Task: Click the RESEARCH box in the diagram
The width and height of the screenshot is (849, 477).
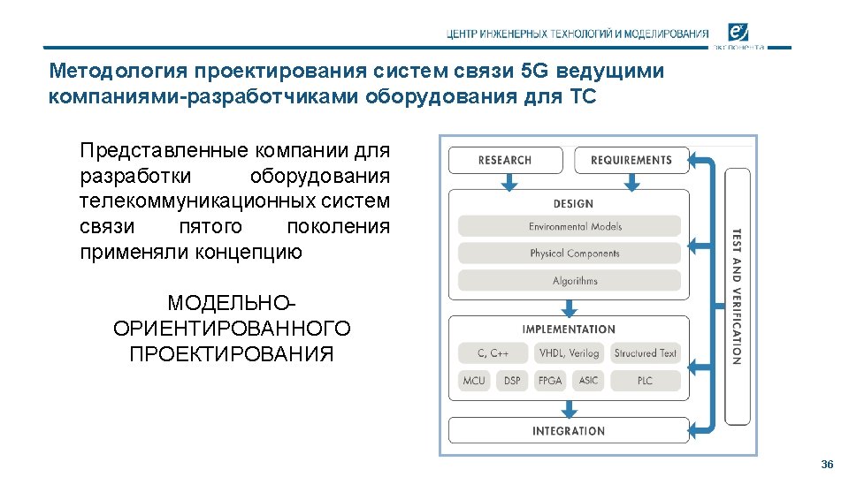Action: pyautogui.click(x=505, y=160)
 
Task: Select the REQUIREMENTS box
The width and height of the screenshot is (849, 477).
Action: pyautogui.click(x=631, y=160)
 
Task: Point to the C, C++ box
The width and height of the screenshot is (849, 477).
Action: pyautogui.click(x=493, y=353)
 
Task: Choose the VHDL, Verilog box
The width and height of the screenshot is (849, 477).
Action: pyautogui.click(x=569, y=353)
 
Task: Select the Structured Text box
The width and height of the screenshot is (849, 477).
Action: pyautogui.click(x=646, y=353)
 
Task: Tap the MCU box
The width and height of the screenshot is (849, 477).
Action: pyautogui.click(x=474, y=381)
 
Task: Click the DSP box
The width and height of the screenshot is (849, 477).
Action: pyautogui.click(x=512, y=381)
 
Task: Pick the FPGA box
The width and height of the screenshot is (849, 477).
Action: pyautogui.click(x=550, y=381)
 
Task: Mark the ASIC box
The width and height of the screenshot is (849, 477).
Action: pyautogui.click(x=588, y=381)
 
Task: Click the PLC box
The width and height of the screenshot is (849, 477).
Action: pyautogui.click(x=646, y=381)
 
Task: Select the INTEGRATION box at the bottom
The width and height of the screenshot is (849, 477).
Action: pyautogui.click(x=569, y=431)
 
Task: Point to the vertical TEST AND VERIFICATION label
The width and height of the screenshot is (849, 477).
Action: pyautogui.click(x=737, y=297)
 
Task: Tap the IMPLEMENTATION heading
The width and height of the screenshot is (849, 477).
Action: pyautogui.click(x=569, y=329)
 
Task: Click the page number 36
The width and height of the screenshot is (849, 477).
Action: pyautogui.click(x=827, y=465)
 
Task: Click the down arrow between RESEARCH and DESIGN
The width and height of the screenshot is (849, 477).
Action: pyautogui.click(x=508, y=182)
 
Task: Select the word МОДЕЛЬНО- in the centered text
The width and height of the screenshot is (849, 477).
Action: pyautogui.click(x=233, y=303)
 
